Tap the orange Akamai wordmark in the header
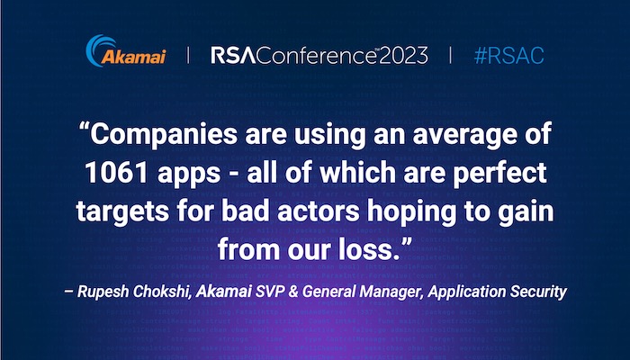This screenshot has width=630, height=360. (133, 56)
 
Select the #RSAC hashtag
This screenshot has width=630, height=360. (509, 56)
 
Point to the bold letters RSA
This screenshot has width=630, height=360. (233, 56)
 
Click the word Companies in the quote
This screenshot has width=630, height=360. (164, 135)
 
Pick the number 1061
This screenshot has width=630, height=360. (117, 173)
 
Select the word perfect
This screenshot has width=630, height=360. (499, 173)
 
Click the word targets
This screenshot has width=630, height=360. (122, 212)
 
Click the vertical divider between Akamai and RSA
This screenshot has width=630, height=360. (188, 55)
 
